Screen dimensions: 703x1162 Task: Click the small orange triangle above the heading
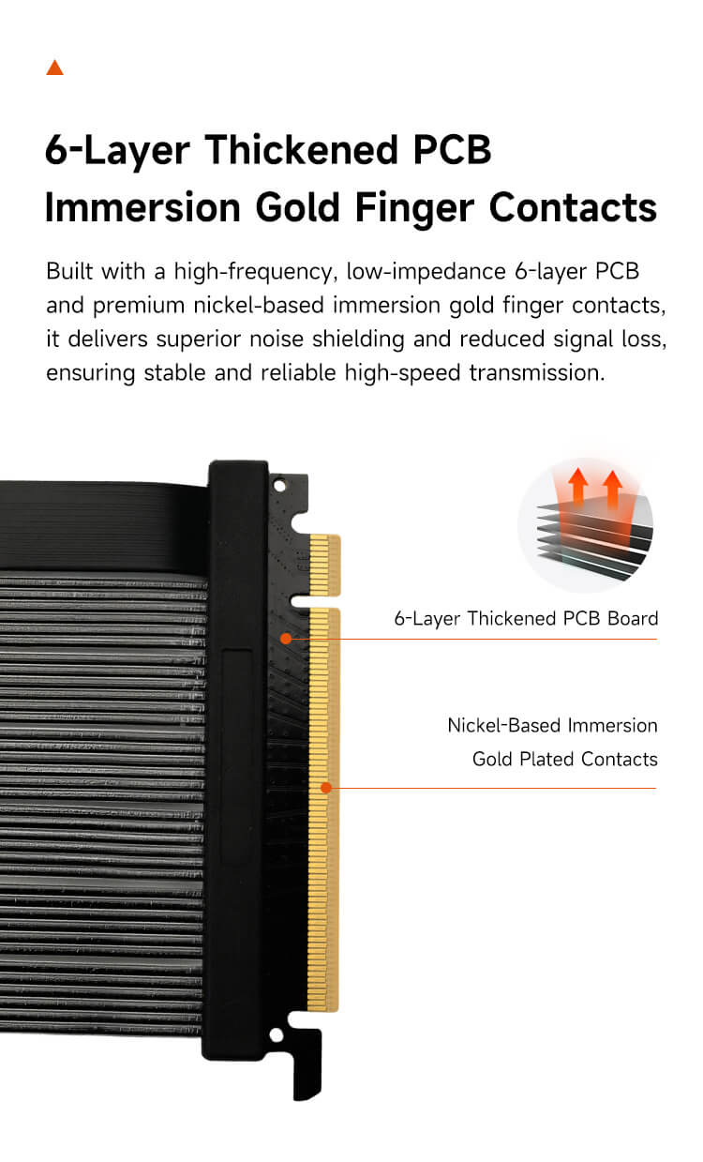tap(54, 68)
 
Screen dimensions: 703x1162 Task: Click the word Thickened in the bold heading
tap(301, 150)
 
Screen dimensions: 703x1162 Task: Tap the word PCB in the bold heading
tap(452, 150)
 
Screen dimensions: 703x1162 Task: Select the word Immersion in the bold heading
tap(142, 207)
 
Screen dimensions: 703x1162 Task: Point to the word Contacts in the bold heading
tap(573, 207)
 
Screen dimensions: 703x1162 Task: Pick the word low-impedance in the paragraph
tap(426, 272)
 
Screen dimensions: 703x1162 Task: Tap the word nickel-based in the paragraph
tap(259, 305)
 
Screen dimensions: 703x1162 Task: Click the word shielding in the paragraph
tap(358, 340)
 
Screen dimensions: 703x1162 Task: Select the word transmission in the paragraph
tap(536, 373)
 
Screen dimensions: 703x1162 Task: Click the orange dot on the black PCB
tap(286, 639)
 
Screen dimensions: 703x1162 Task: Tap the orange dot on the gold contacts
tap(325, 788)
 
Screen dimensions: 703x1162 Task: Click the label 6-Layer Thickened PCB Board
tap(526, 618)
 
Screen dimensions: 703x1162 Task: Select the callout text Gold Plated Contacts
tap(564, 759)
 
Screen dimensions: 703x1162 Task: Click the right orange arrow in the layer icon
tap(612, 488)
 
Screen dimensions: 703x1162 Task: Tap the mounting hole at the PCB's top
tap(279, 486)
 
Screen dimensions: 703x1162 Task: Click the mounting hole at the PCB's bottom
tap(277, 1034)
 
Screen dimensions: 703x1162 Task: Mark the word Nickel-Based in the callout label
tap(503, 725)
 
